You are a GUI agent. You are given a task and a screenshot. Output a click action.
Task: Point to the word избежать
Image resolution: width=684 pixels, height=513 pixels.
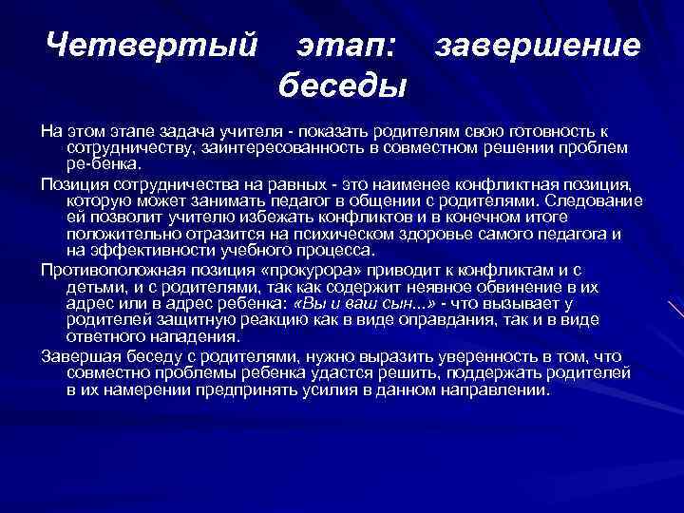pos(241,218)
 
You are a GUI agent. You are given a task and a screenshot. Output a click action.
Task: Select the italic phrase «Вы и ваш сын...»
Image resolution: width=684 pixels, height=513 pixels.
pos(364,304)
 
